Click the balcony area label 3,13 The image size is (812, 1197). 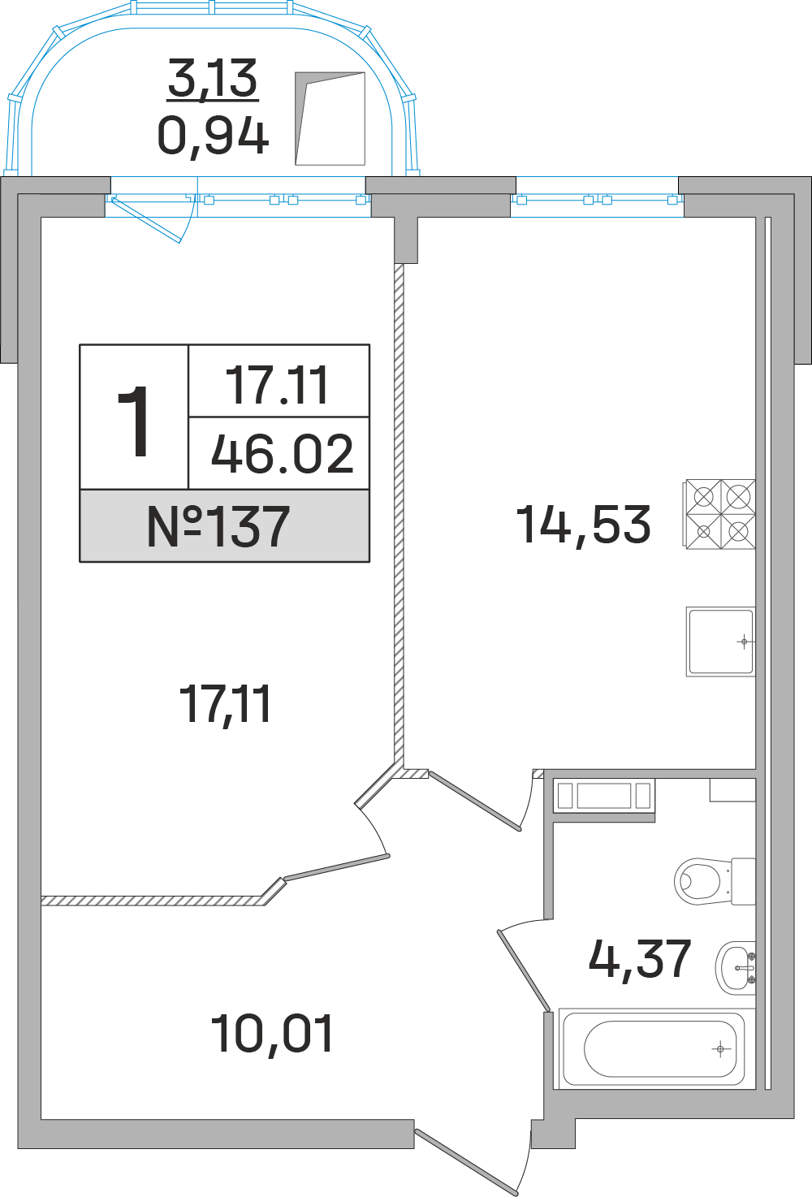click(213, 79)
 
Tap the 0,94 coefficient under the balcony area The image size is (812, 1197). click(213, 136)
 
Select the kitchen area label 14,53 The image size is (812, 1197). click(583, 525)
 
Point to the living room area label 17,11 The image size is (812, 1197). click(225, 704)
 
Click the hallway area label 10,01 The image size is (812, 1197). click(271, 1035)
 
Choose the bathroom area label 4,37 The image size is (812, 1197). click(639, 959)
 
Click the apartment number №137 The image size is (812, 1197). click(218, 526)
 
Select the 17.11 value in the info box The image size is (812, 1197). click(278, 385)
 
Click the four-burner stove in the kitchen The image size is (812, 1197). click(720, 515)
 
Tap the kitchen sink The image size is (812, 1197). click(720, 642)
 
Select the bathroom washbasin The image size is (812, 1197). click(736, 967)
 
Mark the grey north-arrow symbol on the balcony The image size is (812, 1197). click(329, 119)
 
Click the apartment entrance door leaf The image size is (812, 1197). click(467, 1161)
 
